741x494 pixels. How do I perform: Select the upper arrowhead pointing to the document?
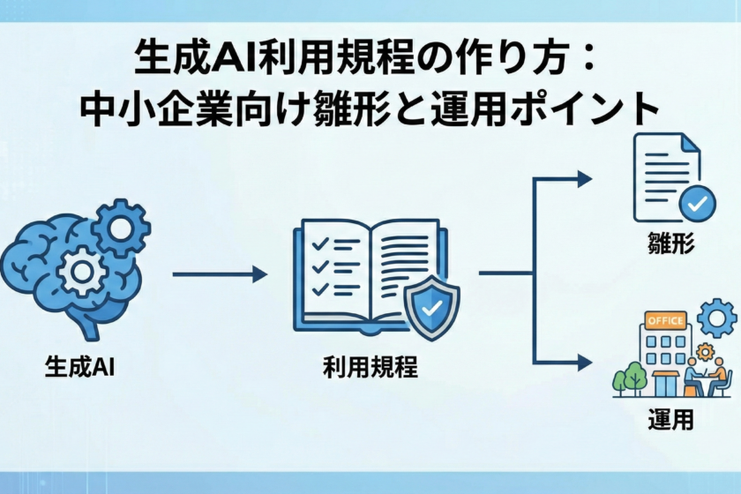click(583, 179)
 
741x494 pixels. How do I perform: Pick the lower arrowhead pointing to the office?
click(583, 361)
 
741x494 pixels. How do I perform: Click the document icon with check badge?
click(666, 176)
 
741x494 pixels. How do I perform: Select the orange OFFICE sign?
click(666, 319)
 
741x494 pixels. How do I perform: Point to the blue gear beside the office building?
click(715, 318)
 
